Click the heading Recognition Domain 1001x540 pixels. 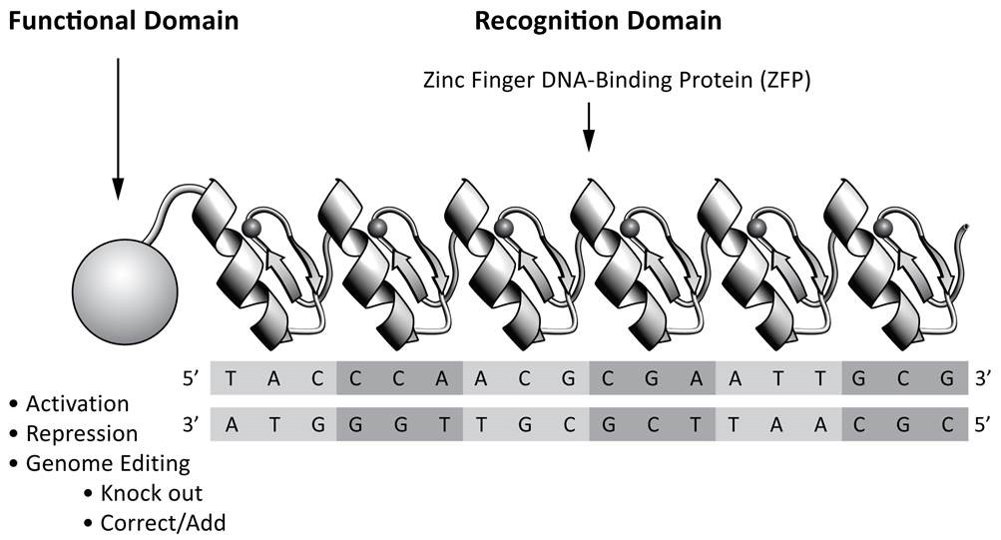[x=598, y=19]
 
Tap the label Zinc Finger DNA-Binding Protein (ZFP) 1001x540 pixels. [x=617, y=82]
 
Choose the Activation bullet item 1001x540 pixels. [x=77, y=404]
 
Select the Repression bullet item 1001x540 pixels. [x=82, y=434]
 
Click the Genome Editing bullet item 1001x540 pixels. [x=107, y=463]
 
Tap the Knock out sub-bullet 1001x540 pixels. [x=151, y=493]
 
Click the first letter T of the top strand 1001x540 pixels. [x=232, y=379]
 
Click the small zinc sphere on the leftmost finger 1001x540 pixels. [x=250, y=231]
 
